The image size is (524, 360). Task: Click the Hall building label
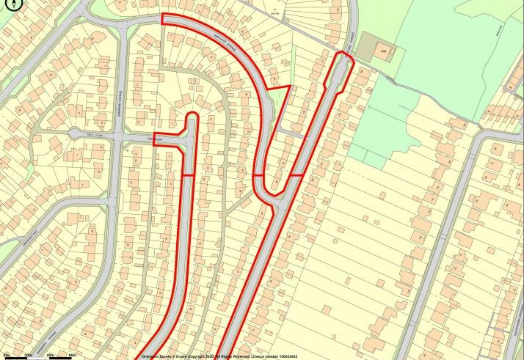tap(382, 51)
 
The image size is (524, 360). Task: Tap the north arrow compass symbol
tap(8, 10)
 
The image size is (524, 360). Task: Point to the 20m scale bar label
tap(29, 356)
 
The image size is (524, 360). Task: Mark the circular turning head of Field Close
tap(74, 133)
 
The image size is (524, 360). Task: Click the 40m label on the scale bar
tap(51, 356)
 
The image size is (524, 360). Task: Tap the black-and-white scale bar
tap(40, 352)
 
